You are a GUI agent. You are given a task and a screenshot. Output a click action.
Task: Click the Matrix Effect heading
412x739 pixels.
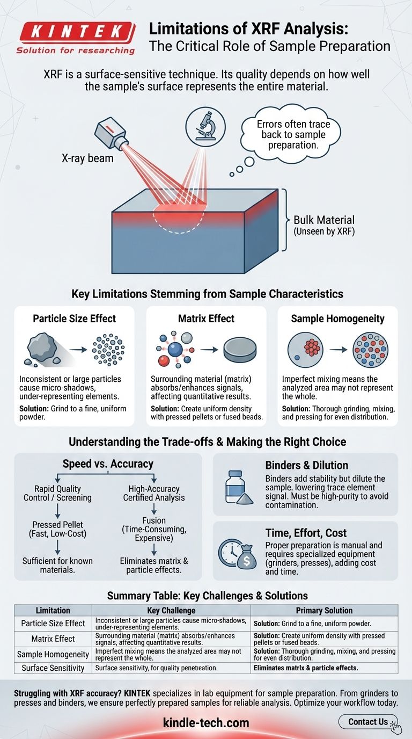[206, 318]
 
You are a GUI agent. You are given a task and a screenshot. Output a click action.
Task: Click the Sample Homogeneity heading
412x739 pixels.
[337, 318]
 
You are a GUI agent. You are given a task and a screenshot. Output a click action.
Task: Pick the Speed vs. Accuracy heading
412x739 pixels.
[108, 464]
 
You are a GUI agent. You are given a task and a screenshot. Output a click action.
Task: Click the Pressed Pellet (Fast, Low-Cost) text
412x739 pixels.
[57, 530]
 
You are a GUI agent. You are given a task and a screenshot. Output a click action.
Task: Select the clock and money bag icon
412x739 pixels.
[235, 551]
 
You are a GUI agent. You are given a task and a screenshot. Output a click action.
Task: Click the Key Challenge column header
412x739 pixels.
[171, 611]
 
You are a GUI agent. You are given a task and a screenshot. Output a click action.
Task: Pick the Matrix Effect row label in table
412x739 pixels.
[53, 639]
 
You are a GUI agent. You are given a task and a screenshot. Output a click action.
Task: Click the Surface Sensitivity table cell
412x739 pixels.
[53, 668]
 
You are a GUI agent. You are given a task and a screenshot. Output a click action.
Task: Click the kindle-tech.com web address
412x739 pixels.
[205, 723]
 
